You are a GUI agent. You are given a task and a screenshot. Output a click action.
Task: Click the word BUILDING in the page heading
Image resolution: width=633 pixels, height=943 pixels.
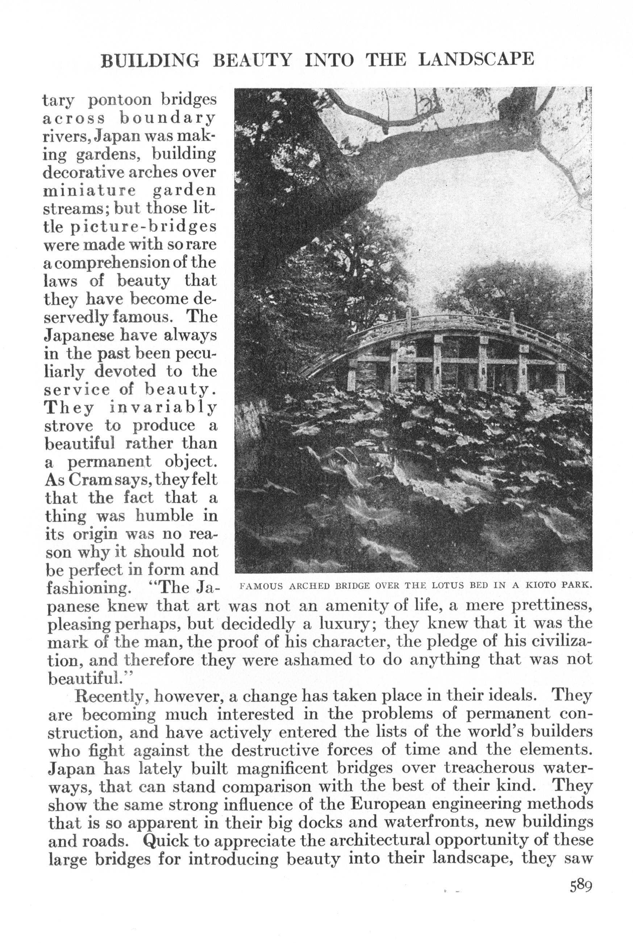150,61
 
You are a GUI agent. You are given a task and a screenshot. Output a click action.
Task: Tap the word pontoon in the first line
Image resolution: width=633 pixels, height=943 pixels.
117,100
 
